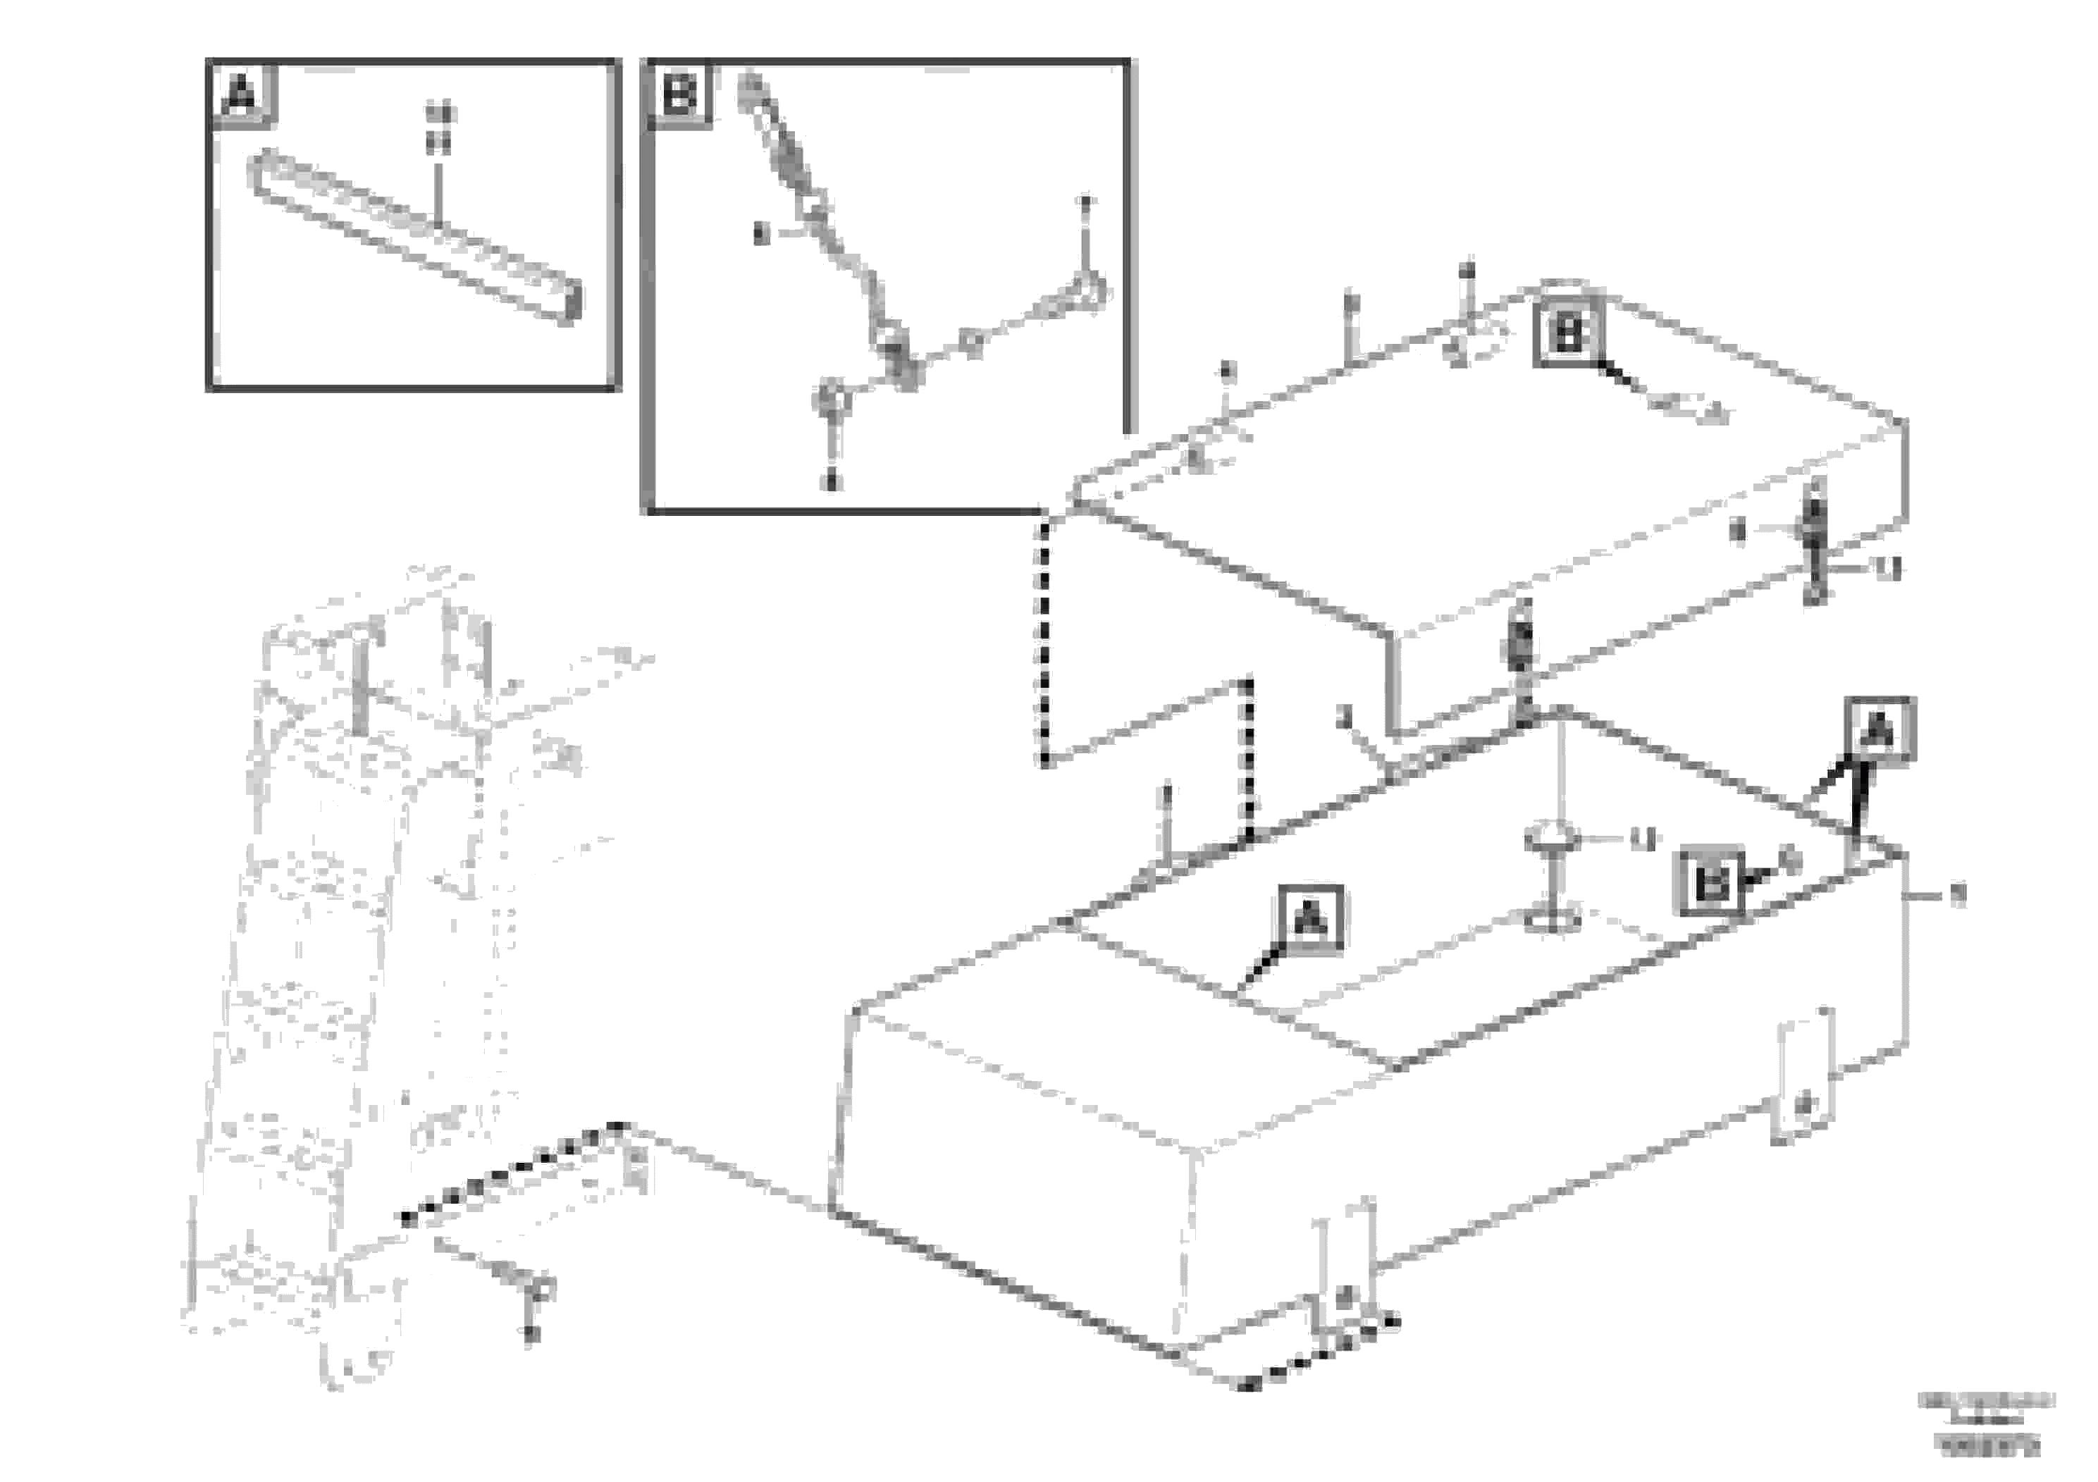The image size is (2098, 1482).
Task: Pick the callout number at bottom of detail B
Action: click(831, 481)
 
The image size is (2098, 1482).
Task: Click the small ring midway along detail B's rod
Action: click(974, 344)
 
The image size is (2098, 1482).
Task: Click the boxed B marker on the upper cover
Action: click(1568, 335)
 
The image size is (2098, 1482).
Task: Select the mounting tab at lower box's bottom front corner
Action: click(1343, 1279)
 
